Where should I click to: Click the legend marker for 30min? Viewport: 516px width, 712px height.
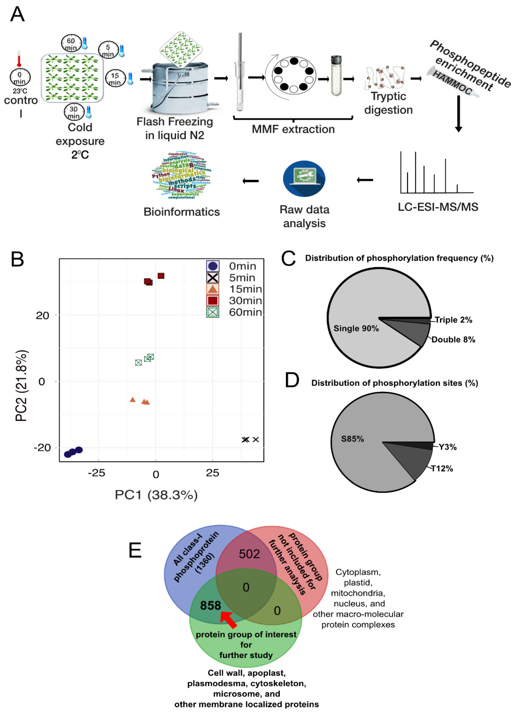point(213,300)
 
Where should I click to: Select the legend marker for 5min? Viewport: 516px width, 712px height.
point(213,278)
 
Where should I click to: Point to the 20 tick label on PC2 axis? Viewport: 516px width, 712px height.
point(42,315)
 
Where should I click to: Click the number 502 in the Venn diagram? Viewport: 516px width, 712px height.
point(249,554)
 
